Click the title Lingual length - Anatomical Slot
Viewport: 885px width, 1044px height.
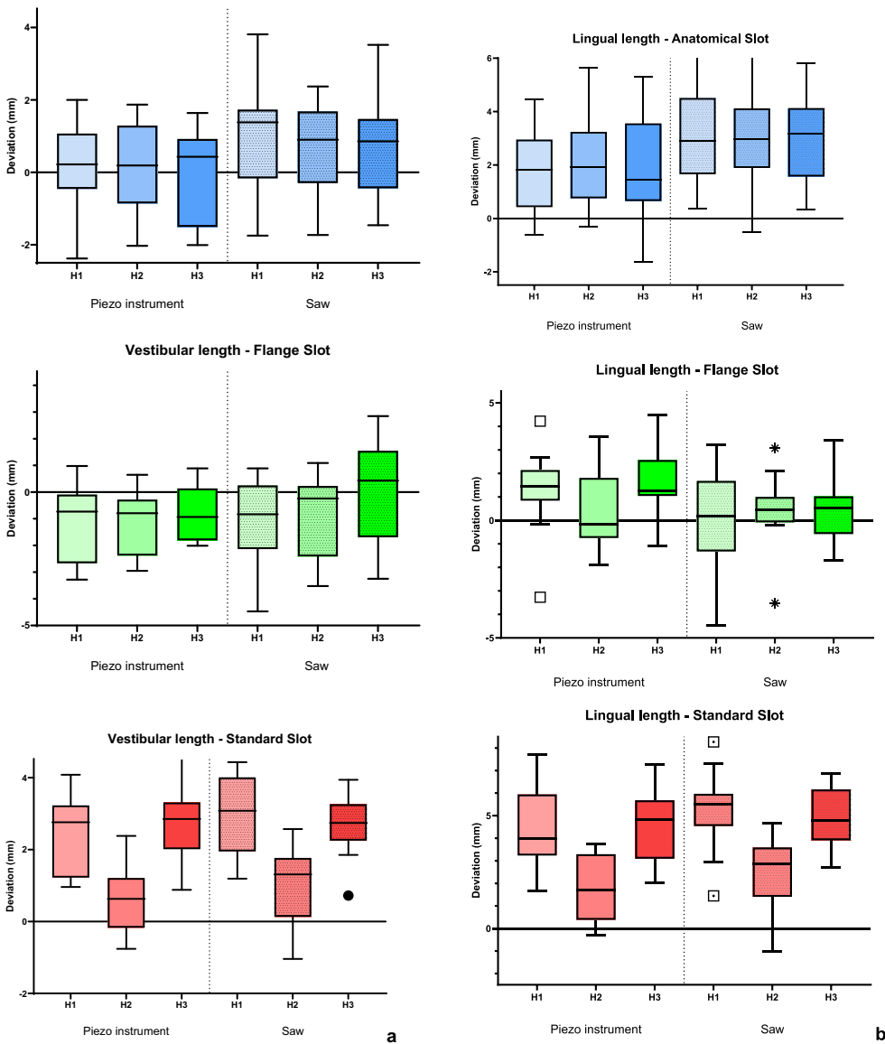(670, 39)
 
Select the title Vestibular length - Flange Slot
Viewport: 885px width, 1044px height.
(228, 350)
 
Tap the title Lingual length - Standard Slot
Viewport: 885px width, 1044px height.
(684, 715)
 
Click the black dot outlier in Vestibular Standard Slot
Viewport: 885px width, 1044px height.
(348, 895)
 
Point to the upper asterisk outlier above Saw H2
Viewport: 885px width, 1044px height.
(775, 448)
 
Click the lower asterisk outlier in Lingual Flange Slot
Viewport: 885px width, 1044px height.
(775, 603)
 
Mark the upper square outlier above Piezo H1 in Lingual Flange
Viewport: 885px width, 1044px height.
(540, 421)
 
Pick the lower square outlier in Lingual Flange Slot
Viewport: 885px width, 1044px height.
(540, 597)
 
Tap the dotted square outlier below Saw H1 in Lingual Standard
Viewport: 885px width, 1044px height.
(713, 896)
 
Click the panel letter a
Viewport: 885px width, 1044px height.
(391, 1036)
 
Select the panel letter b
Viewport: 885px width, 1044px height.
(879, 1033)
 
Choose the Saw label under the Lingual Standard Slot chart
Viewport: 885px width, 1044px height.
(772, 1029)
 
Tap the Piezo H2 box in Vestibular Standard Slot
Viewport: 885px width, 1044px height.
(126, 902)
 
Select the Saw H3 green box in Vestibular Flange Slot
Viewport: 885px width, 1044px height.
(377, 493)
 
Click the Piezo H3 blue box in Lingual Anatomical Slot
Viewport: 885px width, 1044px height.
(642, 162)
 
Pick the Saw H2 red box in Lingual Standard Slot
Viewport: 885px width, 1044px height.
(772, 872)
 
